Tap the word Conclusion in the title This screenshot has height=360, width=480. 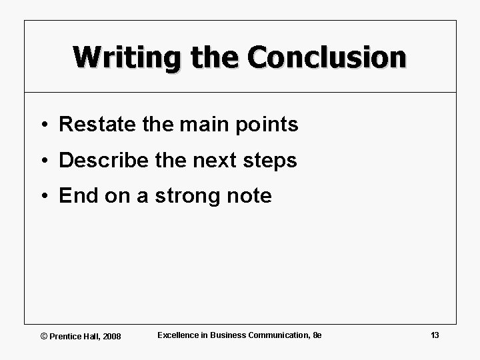pyautogui.click(x=325, y=57)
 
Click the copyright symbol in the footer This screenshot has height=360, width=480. pyautogui.click(x=45, y=336)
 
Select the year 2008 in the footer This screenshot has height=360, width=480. pyautogui.click(x=111, y=336)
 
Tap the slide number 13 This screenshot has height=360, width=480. pyautogui.click(x=435, y=335)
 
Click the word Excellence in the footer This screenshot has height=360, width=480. pyautogui.click(x=178, y=335)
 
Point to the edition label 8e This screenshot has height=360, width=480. pyautogui.click(x=317, y=335)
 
